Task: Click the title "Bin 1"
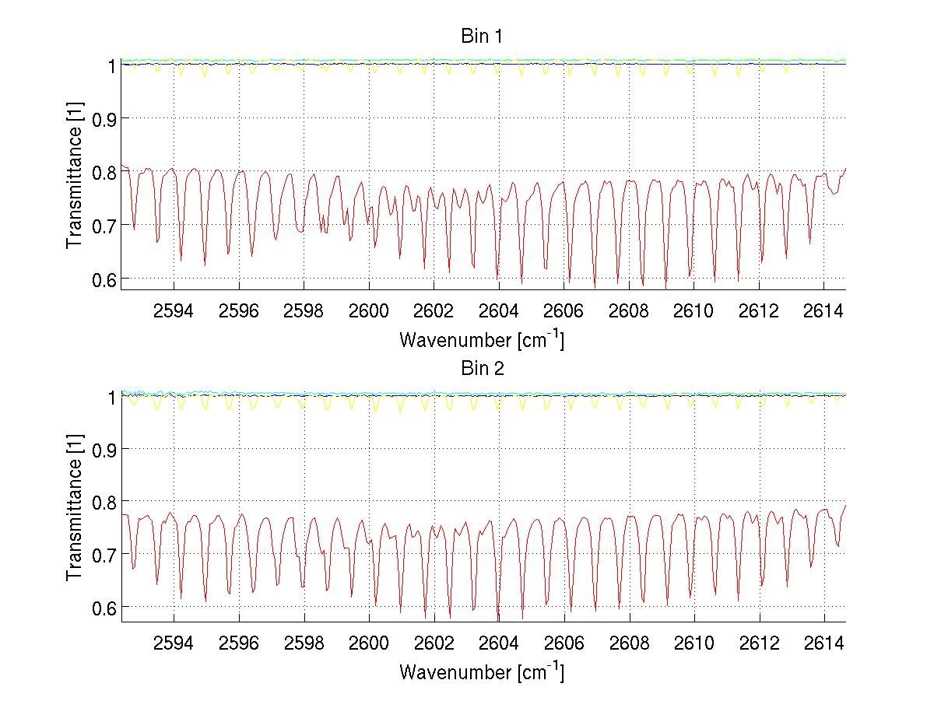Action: [x=482, y=37]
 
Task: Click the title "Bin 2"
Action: [x=482, y=369]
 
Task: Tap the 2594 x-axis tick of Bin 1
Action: [x=174, y=312]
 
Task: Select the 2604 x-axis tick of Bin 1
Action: [x=498, y=312]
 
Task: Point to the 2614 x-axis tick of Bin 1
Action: [x=823, y=312]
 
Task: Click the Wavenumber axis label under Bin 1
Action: [x=482, y=339]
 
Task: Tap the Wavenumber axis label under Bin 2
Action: [x=482, y=671]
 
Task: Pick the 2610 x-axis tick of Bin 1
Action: [x=693, y=312]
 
